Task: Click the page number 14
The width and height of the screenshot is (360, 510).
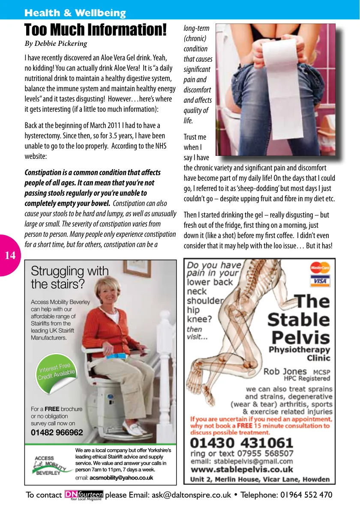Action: coord(10,256)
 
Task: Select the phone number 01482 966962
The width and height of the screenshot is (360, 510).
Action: coord(57,432)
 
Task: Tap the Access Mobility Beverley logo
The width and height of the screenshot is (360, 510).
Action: coord(48,464)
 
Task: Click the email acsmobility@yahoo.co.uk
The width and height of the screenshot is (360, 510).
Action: coord(121,477)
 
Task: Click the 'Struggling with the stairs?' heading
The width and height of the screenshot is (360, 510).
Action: coord(69,277)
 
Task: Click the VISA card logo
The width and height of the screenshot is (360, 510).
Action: coord(320,281)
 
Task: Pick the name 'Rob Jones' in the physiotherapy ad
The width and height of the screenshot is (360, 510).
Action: coord(285,371)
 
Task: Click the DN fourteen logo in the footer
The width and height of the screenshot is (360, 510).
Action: coord(84,495)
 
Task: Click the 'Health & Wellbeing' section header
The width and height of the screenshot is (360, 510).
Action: coord(75,13)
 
